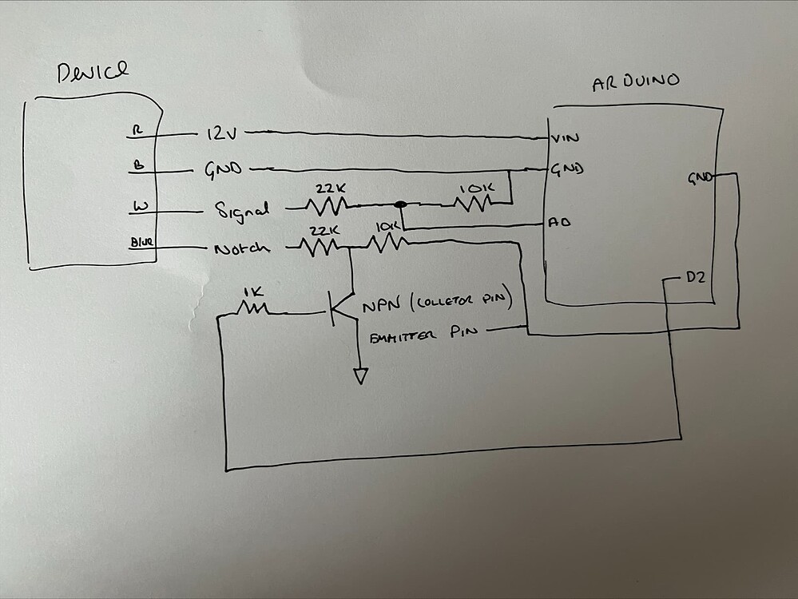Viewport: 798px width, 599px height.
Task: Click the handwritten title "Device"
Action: [x=93, y=73]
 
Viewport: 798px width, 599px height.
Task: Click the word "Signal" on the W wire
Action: [x=242, y=211]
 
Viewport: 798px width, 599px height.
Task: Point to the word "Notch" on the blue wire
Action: [x=241, y=248]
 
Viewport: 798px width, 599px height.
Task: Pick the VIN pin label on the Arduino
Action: [x=566, y=139]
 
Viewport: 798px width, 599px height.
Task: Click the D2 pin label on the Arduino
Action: [x=697, y=278]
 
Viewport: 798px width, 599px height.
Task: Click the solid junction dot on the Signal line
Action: [x=401, y=205]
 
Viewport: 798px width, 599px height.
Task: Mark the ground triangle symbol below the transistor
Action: [x=361, y=375]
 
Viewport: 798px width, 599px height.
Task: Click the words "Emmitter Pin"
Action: [x=423, y=336]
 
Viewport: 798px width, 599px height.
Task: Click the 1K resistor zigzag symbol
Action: [x=255, y=308]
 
